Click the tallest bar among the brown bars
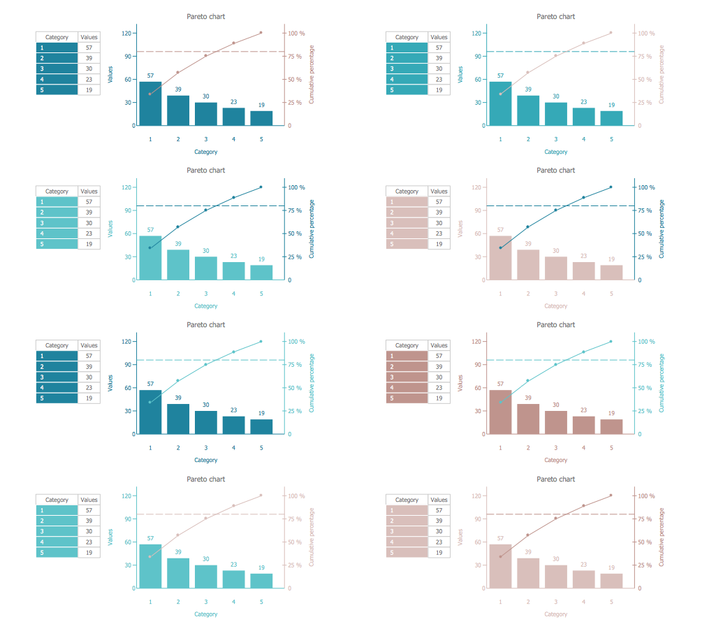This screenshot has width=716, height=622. coord(500,412)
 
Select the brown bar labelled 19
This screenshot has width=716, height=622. coord(611,426)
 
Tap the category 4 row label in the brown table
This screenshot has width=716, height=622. coord(407,387)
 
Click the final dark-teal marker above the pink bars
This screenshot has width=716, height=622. coord(611,187)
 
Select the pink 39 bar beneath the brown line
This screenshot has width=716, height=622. coord(528,572)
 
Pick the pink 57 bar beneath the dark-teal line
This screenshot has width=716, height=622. coord(500,258)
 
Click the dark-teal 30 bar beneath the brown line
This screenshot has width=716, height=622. coord(206,114)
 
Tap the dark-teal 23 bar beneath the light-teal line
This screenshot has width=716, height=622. coord(234,425)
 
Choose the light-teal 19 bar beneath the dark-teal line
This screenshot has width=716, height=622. coord(261,272)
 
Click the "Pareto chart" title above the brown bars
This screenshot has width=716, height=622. coord(555,324)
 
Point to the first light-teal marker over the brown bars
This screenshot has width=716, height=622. coord(500,402)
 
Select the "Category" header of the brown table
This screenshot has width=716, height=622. coord(407,345)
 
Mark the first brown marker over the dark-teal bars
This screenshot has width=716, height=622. coord(150,94)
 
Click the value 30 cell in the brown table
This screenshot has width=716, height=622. coord(439,377)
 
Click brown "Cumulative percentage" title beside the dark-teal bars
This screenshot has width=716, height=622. coord(312,74)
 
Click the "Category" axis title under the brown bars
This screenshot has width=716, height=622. coord(555,460)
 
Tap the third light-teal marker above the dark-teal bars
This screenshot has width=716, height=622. coord(206,364)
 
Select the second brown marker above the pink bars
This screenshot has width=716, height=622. coord(528,535)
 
